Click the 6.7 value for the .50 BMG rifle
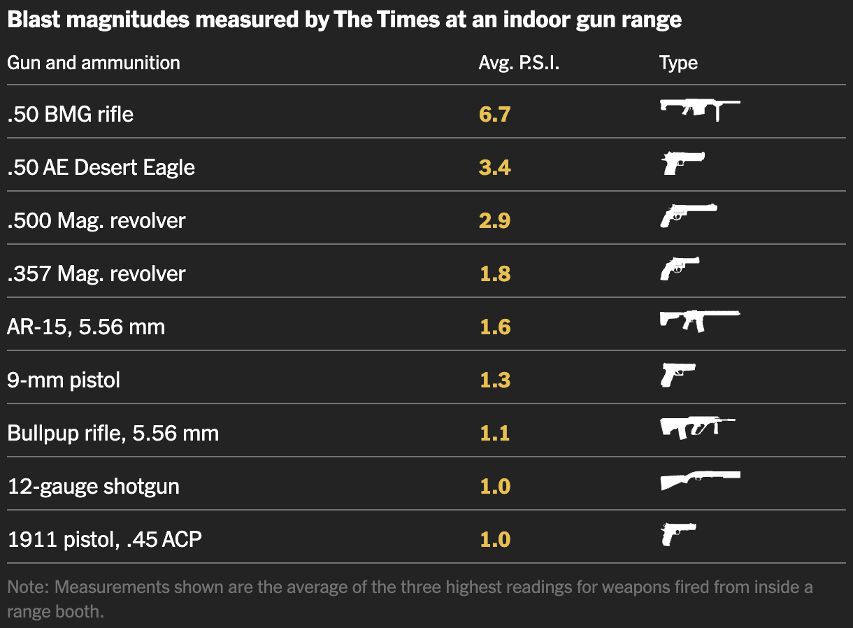pos(494,114)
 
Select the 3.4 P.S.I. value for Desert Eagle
pos(494,167)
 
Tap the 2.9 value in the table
pos(494,220)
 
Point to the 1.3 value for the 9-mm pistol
pos(494,380)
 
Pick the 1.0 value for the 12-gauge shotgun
pos(494,486)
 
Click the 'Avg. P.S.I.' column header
pos(519,63)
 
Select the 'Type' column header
pos(678,63)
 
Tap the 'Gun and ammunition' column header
pos(94,63)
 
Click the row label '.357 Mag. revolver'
pos(96,273)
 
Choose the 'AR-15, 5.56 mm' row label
pos(86,327)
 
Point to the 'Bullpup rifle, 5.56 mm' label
pos(113,433)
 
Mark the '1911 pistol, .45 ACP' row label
pos(105,539)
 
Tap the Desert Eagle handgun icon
pos(682,162)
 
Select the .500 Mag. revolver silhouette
pos(687,215)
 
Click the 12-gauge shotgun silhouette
pos(699,480)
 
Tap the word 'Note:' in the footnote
pos(28,587)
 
